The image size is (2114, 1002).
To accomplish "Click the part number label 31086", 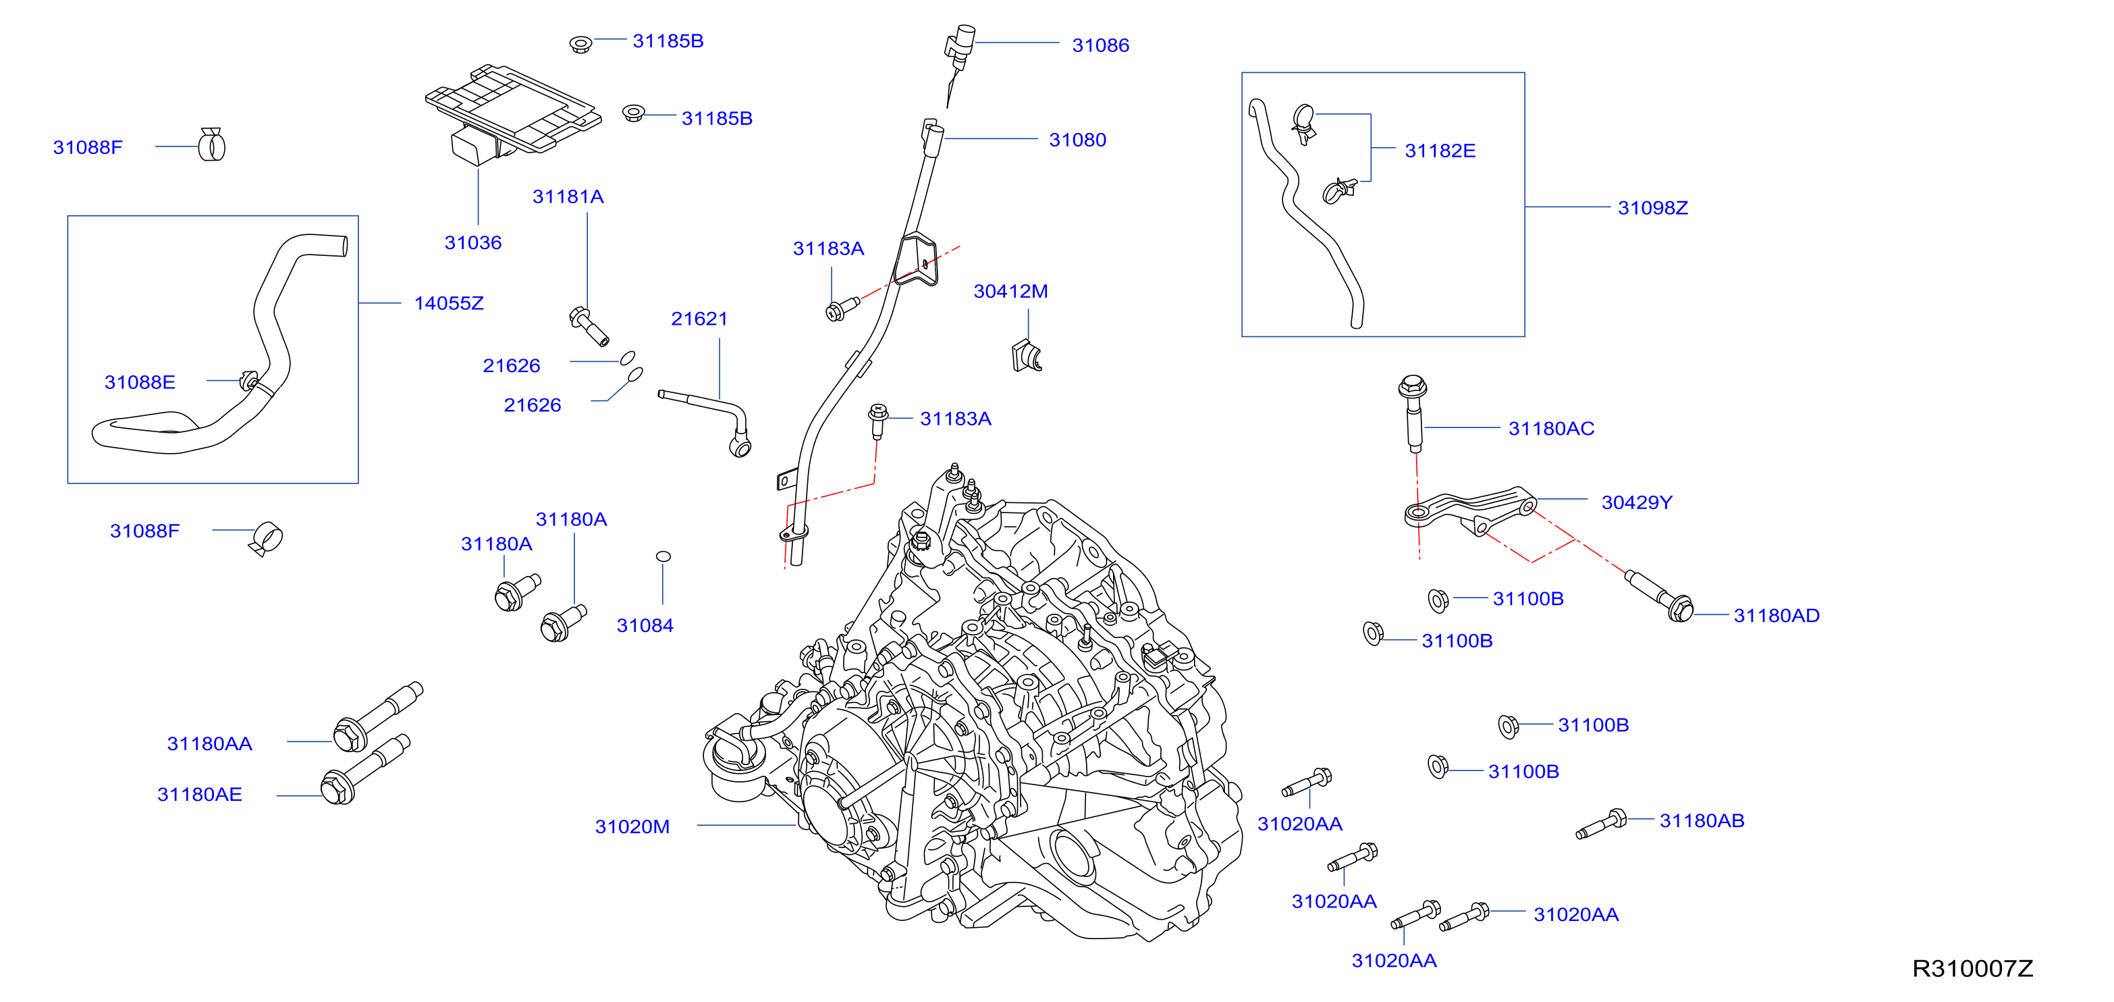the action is [1100, 46].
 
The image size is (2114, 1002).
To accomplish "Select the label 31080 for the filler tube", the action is [1077, 140].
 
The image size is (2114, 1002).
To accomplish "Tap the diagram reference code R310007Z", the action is [1973, 969].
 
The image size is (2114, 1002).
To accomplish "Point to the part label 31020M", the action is [632, 827].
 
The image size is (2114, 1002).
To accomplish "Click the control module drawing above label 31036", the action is [513, 113].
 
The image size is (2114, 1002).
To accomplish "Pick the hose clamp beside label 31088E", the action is [248, 381].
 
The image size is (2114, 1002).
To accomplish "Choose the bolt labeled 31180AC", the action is [1412, 415].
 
